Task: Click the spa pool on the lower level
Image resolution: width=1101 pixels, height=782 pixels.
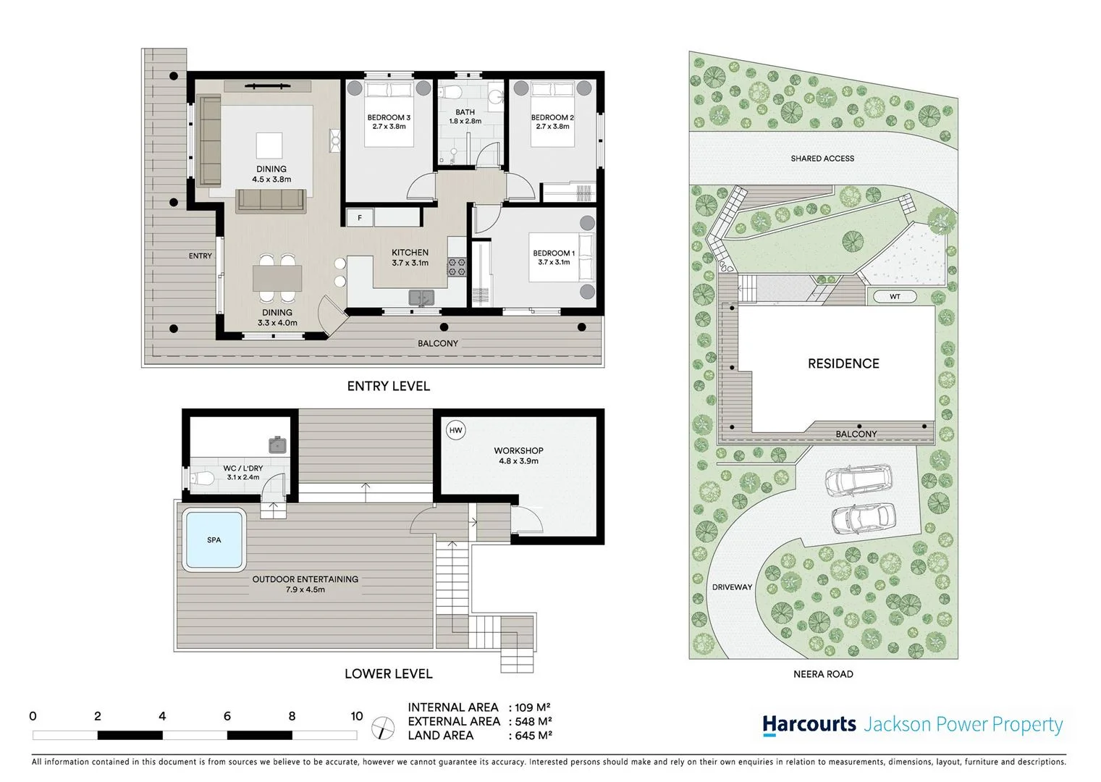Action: pos(214,540)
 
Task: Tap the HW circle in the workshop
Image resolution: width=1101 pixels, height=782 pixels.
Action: pos(455,430)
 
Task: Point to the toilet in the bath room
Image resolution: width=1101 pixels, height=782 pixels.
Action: pos(452,93)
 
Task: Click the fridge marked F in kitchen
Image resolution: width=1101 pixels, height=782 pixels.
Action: pos(360,217)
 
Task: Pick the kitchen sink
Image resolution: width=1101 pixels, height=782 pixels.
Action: pos(421,297)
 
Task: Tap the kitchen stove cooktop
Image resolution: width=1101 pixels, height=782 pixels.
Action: pos(457,266)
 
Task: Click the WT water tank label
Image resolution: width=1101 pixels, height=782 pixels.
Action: pos(895,297)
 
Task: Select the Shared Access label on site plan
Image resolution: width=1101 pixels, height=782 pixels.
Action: pos(822,159)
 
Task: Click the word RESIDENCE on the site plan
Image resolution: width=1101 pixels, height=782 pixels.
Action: pos(843,363)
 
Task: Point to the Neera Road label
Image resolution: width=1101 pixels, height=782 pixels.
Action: pos(823,674)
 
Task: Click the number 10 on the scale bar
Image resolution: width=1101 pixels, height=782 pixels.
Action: pos(356,716)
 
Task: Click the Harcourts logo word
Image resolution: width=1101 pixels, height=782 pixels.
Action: pos(809,724)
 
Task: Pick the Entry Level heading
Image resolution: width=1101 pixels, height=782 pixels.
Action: pos(388,387)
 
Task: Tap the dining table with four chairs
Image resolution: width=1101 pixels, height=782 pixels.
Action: pos(277,278)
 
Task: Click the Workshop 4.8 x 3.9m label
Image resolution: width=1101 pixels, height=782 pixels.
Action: pos(518,455)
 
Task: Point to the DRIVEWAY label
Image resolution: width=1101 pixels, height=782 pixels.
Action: pos(732,587)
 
